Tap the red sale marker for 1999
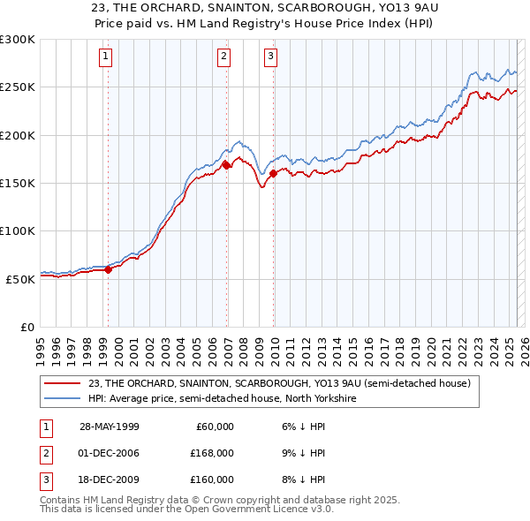[109, 269]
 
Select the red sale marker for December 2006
[226, 165]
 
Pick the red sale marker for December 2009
[274, 173]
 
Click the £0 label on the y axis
[26, 327]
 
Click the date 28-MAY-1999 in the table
[110, 427]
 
